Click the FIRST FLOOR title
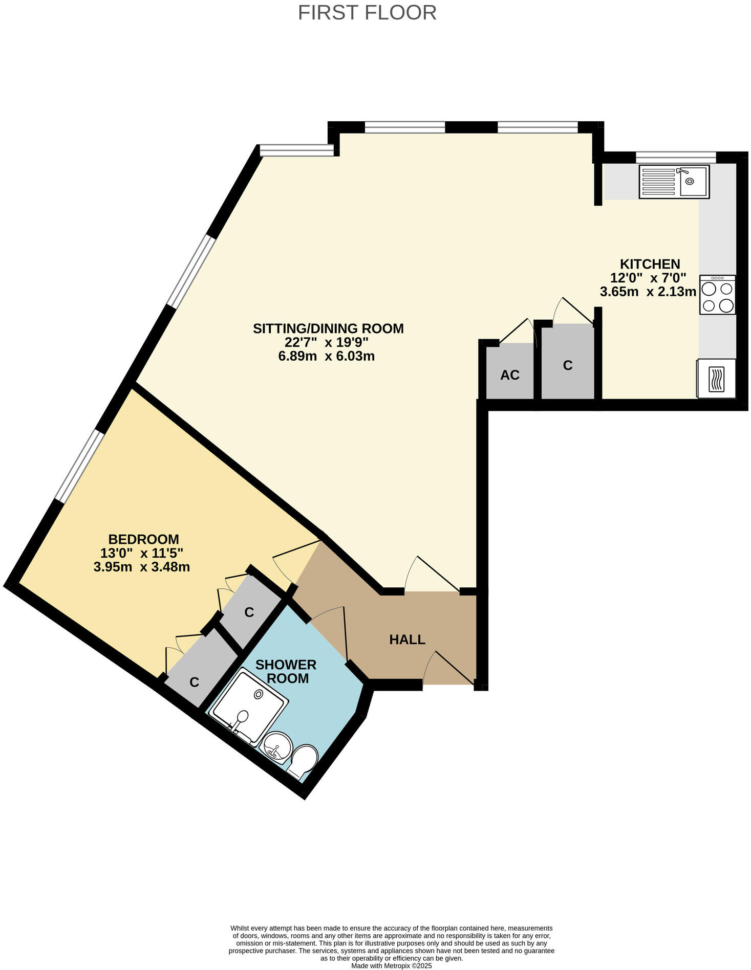click(x=367, y=13)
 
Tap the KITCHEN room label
click(x=650, y=264)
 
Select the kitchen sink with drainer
click(x=674, y=182)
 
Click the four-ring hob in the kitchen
click(x=717, y=295)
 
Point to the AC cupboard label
click(x=509, y=375)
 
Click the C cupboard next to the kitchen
click(x=567, y=365)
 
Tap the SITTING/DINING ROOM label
click(x=328, y=328)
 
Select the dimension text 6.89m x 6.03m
click(x=326, y=356)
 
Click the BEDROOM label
click(x=143, y=539)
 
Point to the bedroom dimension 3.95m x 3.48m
click(x=142, y=567)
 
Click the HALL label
click(x=407, y=640)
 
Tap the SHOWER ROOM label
click(x=286, y=671)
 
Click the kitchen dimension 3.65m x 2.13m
click(x=648, y=292)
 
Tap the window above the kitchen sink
click(x=675, y=157)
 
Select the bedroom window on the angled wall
click(x=79, y=466)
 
